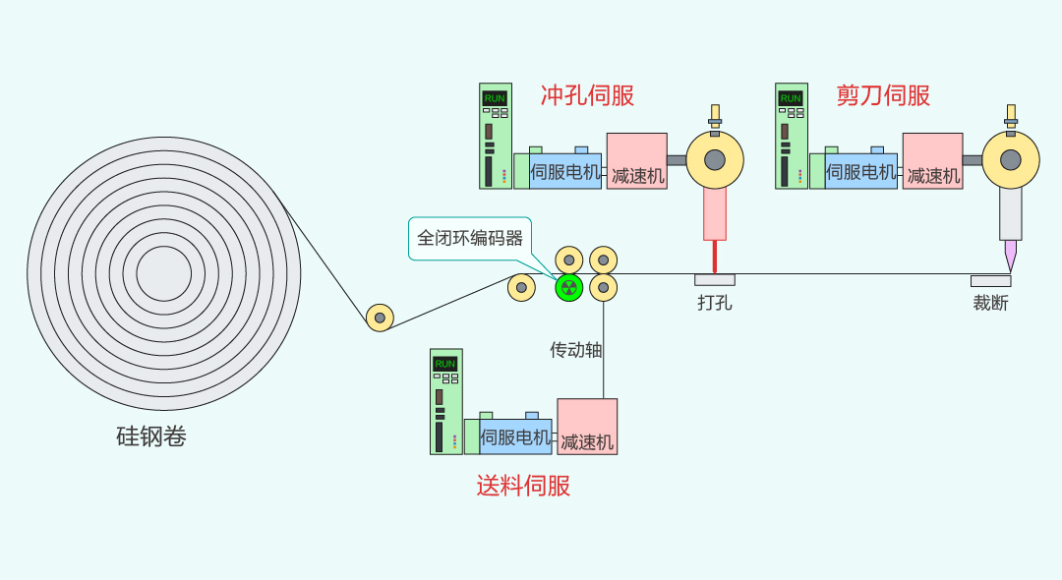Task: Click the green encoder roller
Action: [x=569, y=288]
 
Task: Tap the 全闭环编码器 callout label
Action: [x=470, y=238]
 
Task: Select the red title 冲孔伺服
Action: [x=587, y=95]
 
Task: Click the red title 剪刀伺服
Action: [x=883, y=95]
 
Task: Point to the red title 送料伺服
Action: [x=523, y=486]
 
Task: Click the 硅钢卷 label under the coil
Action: [x=151, y=436]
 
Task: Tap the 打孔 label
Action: [x=715, y=303]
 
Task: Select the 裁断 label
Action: [x=991, y=303]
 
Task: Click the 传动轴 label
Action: [x=575, y=350]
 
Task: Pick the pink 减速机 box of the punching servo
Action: [x=636, y=161]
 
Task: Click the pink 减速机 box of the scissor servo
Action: [x=932, y=161]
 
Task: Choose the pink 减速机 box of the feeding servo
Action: [x=587, y=427]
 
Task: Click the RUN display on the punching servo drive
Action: [x=495, y=98]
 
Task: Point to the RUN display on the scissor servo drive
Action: [x=791, y=98]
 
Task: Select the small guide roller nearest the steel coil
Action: [x=380, y=318]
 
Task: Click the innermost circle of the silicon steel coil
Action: [x=164, y=273]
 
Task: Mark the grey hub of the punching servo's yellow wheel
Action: [x=715, y=160]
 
